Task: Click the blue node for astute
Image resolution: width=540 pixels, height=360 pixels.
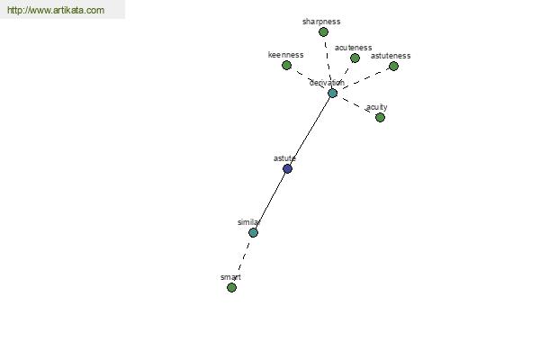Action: click(x=288, y=169)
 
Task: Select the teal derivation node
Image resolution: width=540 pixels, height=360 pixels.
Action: click(x=332, y=93)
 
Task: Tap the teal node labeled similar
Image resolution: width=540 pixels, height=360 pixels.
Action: click(x=253, y=232)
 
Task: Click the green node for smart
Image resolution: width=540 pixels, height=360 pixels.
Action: click(x=232, y=287)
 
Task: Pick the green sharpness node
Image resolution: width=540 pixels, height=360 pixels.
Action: click(x=323, y=32)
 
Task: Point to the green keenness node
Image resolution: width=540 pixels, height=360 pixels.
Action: click(x=286, y=65)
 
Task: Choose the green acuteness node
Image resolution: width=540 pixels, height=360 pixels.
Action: click(x=355, y=58)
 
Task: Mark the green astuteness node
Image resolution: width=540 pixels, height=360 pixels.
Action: click(x=393, y=66)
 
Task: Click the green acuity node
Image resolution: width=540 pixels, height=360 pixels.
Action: click(x=380, y=118)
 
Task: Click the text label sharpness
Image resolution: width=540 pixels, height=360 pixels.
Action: click(x=321, y=22)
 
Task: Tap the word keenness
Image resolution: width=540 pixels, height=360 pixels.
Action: click(x=285, y=55)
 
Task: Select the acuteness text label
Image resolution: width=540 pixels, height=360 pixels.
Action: click(x=353, y=48)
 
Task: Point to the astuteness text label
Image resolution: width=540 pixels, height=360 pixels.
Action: click(x=391, y=56)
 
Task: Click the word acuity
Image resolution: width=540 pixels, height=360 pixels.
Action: click(x=377, y=107)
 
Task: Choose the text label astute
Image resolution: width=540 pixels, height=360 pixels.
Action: click(x=284, y=158)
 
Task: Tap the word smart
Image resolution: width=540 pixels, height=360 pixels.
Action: click(x=230, y=277)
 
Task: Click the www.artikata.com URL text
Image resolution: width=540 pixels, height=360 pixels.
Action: click(x=56, y=10)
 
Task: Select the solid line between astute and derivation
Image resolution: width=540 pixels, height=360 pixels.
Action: click(x=310, y=130)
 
